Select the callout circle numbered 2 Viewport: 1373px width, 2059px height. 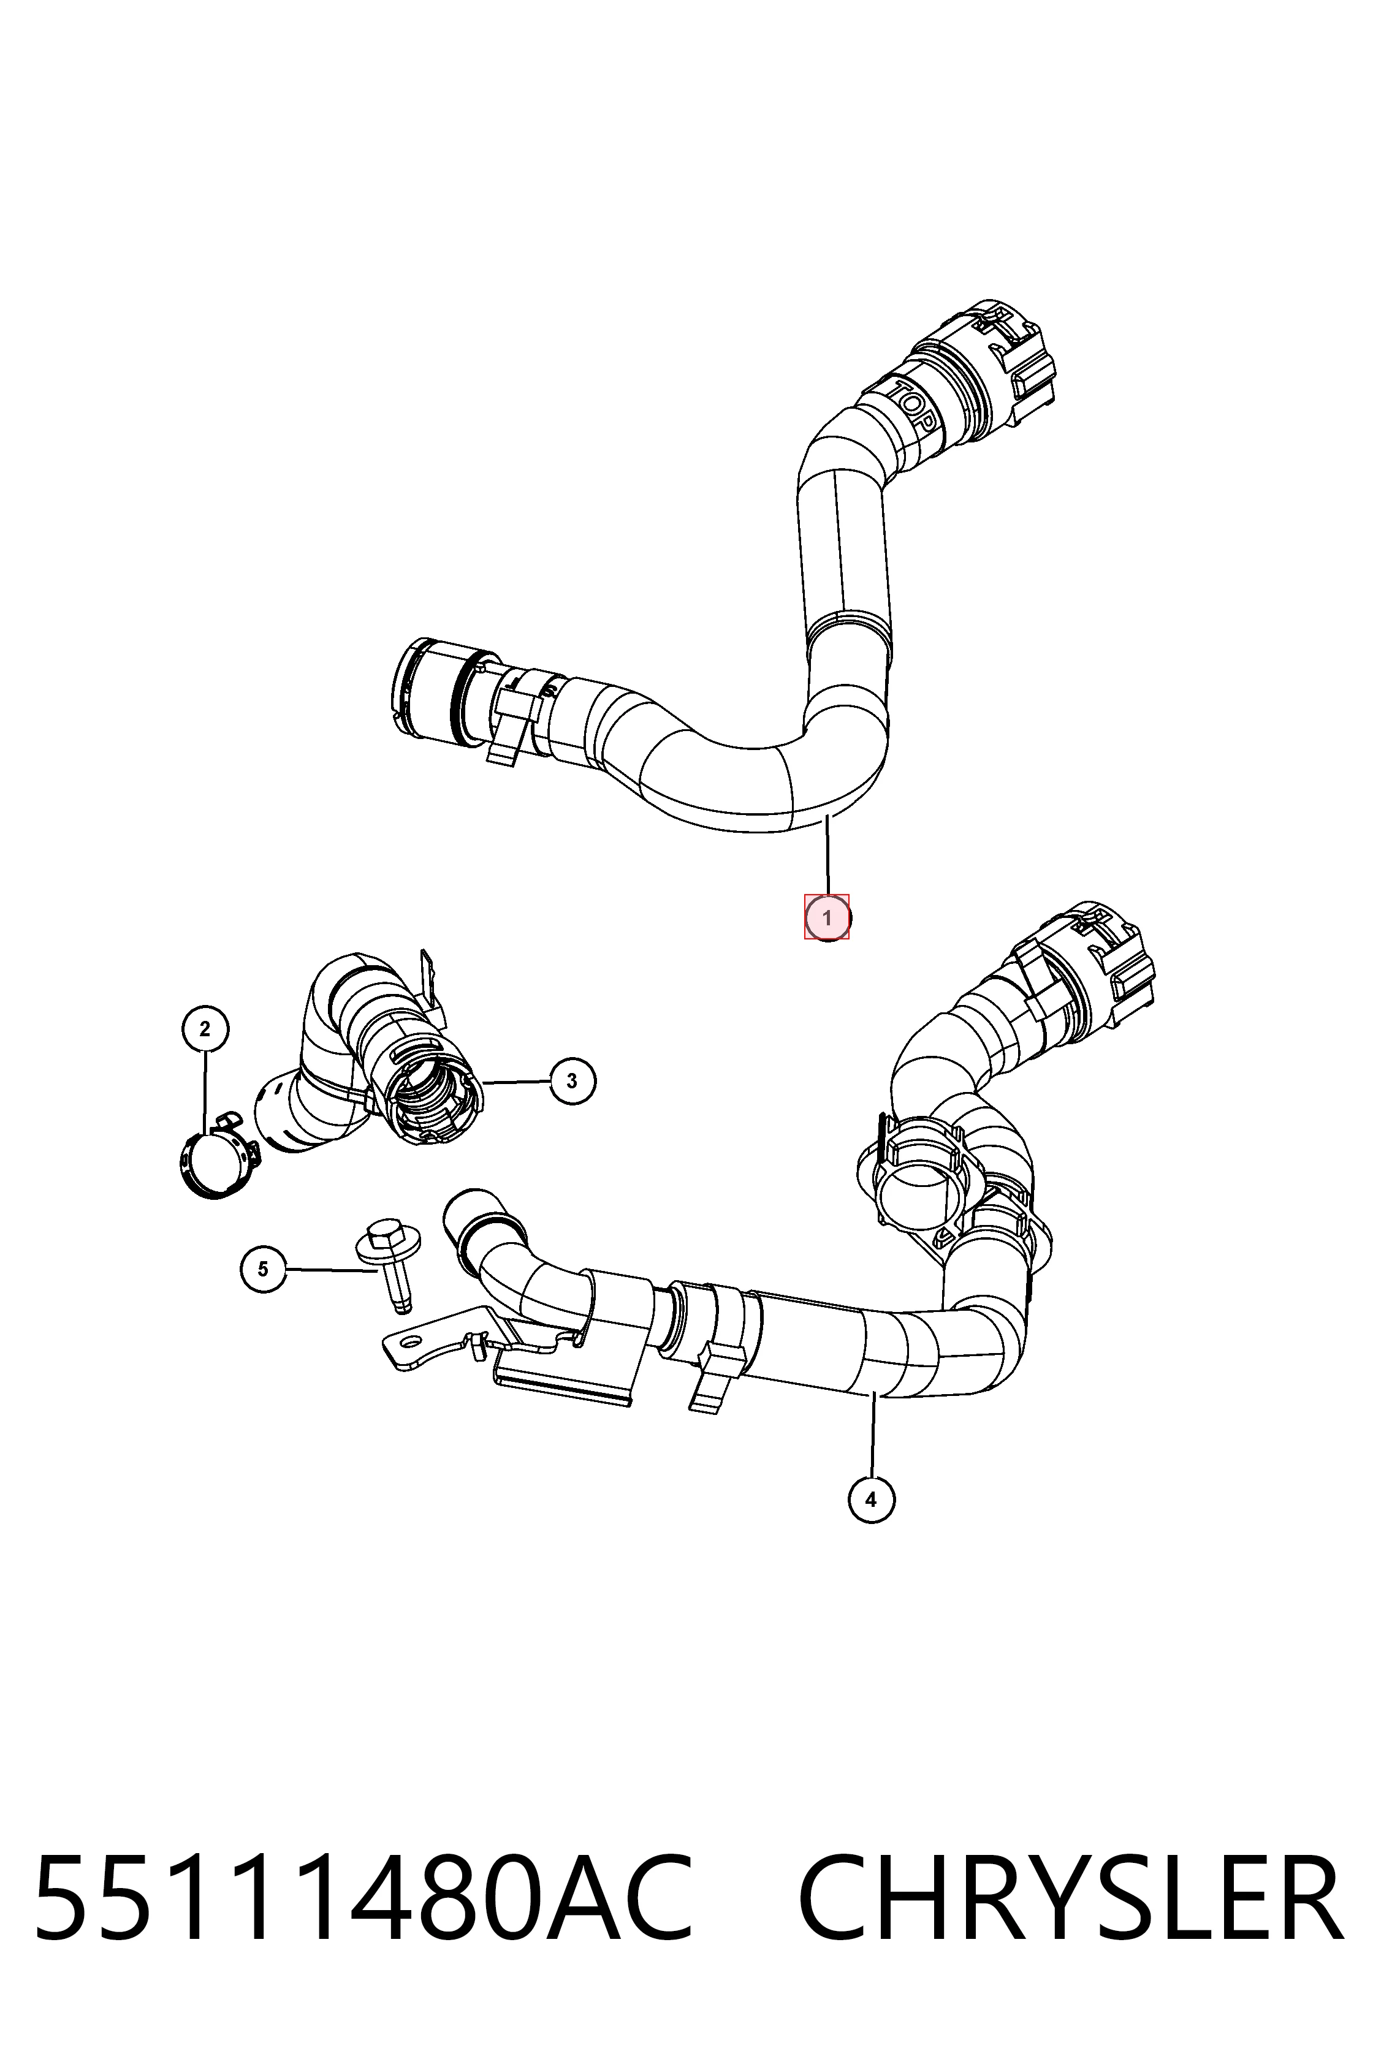205,1029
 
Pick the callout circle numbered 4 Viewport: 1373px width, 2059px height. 871,1500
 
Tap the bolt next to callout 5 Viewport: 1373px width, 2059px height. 390,1263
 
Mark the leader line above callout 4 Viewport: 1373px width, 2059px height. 873,1433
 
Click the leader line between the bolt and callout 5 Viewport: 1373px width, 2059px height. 331,1269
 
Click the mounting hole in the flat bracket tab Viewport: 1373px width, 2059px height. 409,1340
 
